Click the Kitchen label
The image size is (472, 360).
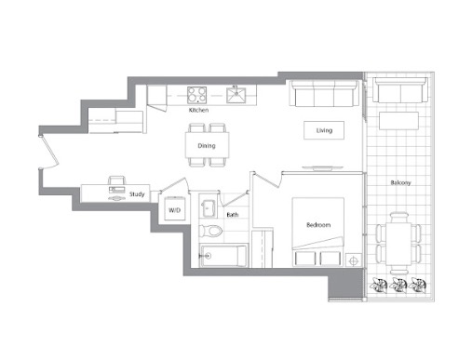198,110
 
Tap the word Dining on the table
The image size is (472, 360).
207,146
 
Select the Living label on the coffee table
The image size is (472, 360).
324,130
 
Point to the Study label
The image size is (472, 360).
137,194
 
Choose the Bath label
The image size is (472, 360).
233,215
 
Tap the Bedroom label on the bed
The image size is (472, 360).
318,225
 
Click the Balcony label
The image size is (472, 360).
400,182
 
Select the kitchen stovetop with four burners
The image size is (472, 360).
196,95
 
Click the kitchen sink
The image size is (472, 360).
236,95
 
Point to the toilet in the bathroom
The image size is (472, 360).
210,231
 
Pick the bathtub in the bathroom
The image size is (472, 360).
223,256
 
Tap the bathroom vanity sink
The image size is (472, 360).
209,208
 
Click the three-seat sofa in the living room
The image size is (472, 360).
324,93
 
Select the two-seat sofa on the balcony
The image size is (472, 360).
400,90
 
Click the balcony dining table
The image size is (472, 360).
398,244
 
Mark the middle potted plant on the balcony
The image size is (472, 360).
398,286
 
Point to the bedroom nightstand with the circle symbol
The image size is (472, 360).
354,260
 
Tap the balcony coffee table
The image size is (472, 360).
398,121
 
